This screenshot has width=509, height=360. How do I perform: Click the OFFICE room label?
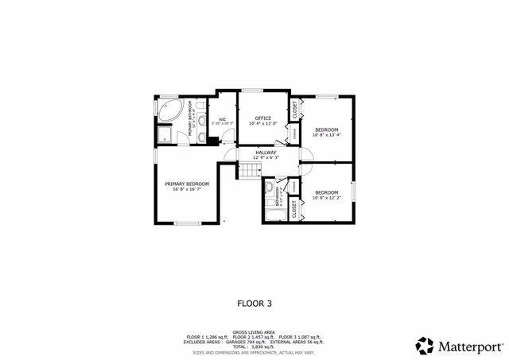click(262, 118)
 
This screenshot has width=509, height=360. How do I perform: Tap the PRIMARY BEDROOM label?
click(187, 184)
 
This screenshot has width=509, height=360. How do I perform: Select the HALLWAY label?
click(266, 152)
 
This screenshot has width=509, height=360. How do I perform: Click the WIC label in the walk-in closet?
click(223, 120)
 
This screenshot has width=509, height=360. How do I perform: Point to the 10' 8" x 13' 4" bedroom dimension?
click(326, 135)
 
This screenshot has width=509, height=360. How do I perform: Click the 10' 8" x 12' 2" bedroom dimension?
click(326, 198)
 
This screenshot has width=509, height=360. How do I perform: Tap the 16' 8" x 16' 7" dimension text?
click(187, 190)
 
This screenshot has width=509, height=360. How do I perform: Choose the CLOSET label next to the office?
click(294, 110)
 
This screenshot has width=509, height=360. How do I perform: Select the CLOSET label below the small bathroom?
click(294, 210)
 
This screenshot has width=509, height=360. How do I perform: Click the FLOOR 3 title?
click(254, 303)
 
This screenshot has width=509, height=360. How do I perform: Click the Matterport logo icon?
click(425, 346)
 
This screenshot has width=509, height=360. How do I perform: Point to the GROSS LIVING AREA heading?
click(254, 332)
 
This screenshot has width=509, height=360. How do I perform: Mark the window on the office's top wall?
click(254, 90)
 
